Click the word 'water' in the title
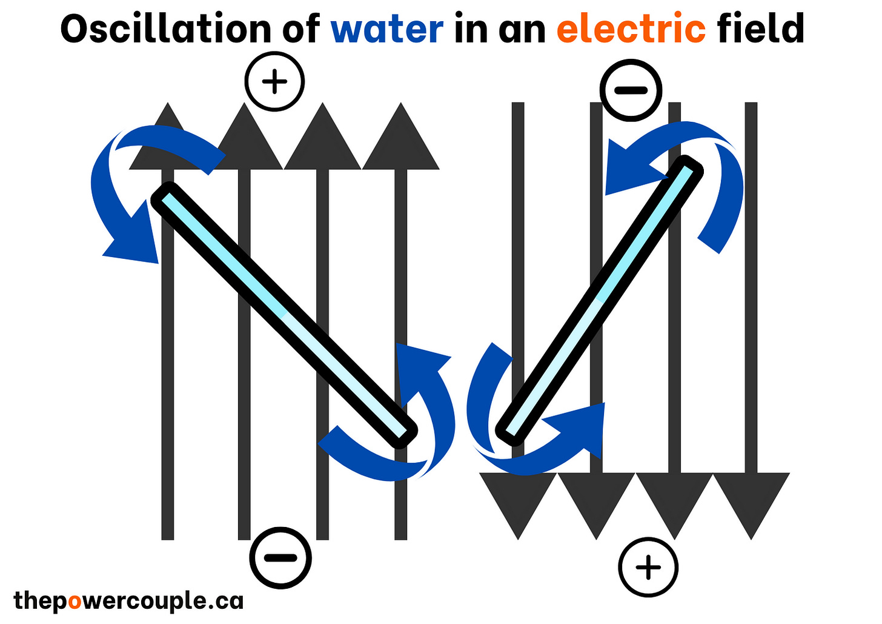[x=387, y=29]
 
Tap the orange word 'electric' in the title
[x=631, y=29]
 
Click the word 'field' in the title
[x=761, y=29]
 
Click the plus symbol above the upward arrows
[x=274, y=81]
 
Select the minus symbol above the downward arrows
[x=631, y=90]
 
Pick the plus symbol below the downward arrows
[x=648, y=568]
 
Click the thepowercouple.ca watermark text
[x=128, y=601]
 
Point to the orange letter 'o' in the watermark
[x=74, y=602]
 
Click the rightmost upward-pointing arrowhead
[x=400, y=143]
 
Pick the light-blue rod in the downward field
[x=600, y=297]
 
